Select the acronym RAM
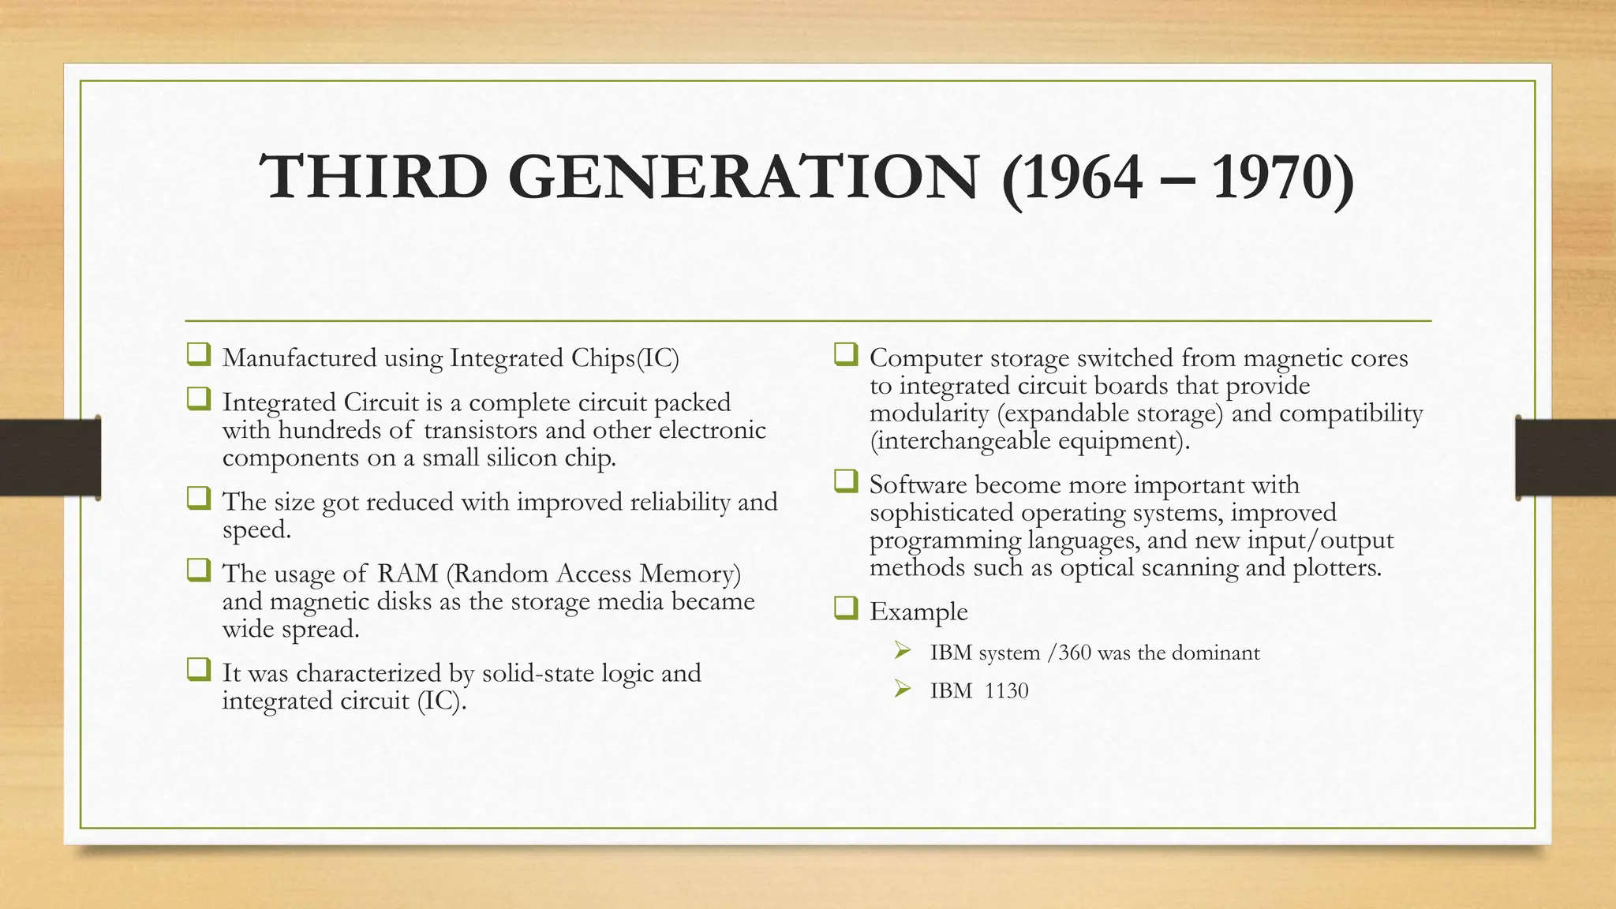click(407, 574)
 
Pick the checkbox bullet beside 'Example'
click(845, 608)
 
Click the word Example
click(918, 612)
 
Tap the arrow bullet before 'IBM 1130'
click(902, 690)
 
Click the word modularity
click(929, 413)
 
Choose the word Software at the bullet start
click(918, 485)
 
